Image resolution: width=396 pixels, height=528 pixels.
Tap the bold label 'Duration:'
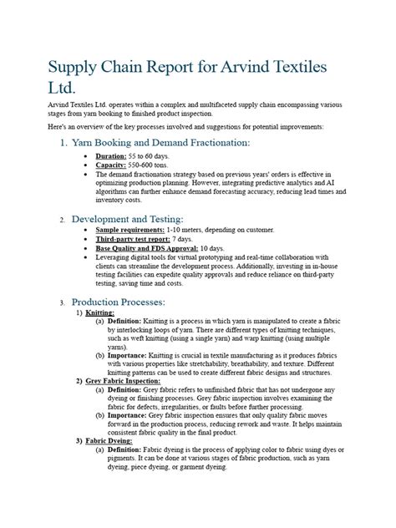point(111,156)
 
